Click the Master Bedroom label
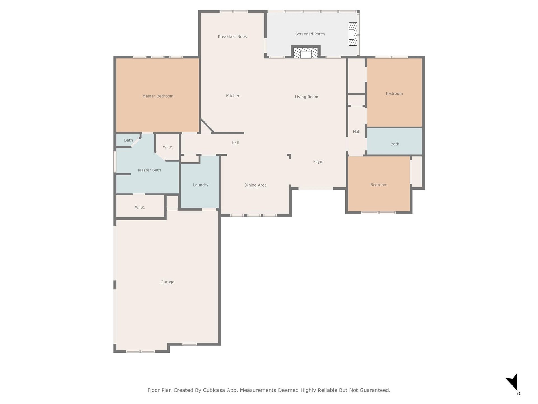[x=158, y=96]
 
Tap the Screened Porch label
[x=310, y=34]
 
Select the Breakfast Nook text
[x=232, y=36]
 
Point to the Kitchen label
[x=233, y=96]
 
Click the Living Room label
[x=306, y=97]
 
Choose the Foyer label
[x=318, y=162]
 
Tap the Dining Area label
[x=255, y=185]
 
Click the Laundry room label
[x=201, y=185]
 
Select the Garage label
[x=167, y=282]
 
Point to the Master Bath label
[x=149, y=170]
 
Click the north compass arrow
[x=513, y=382]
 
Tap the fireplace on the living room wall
[x=306, y=53]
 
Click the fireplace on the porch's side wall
[x=353, y=34]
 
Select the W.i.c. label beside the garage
[x=140, y=207]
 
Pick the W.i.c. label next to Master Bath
[x=168, y=147]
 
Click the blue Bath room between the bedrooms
[x=394, y=141]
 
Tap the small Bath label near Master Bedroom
[x=128, y=140]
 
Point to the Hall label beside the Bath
[x=356, y=132]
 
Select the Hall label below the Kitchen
[x=235, y=143]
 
